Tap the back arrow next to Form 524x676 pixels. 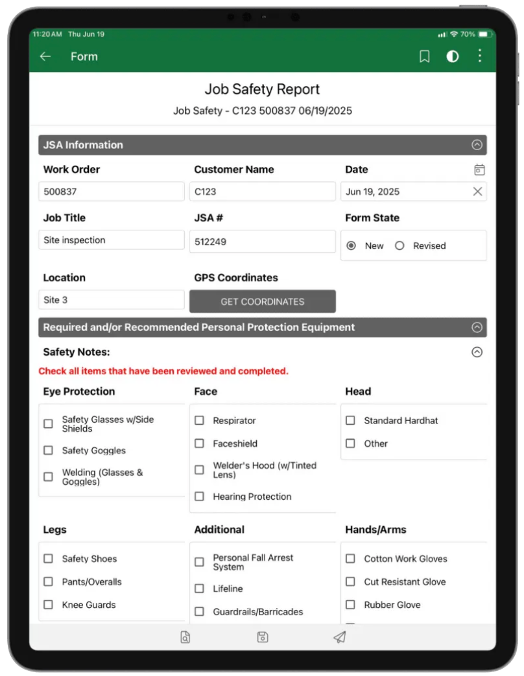point(45,56)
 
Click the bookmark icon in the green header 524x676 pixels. point(425,56)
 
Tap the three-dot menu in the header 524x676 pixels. point(480,56)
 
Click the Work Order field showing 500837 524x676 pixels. point(112,192)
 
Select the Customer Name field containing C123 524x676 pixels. point(262,192)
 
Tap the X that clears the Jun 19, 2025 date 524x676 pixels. point(477,191)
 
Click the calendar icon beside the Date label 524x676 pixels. point(479,170)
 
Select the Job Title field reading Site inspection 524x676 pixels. point(112,240)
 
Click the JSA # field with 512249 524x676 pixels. point(262,242)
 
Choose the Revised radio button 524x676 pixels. point(399,246)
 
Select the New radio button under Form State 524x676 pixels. point(351,246)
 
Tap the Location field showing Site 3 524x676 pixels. point(112,300)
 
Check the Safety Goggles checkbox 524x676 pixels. point(49,450)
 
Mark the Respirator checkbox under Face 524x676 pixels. point(200,420)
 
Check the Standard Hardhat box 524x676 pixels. point(350,420)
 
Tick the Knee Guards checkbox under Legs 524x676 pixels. point(49,605)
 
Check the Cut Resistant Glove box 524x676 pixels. point(350,581)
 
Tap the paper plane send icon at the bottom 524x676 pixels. point(339,637)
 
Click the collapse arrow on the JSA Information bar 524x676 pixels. point(477,145)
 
